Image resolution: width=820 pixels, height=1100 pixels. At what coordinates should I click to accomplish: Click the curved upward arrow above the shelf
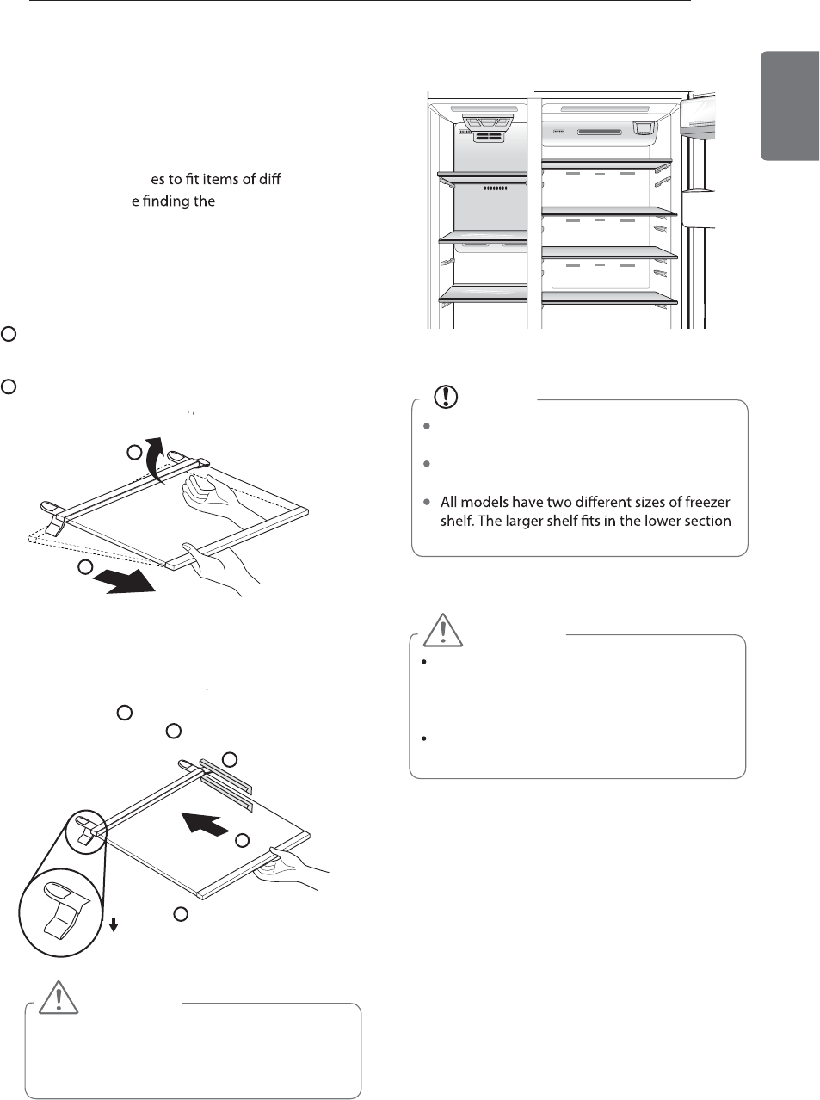[x=153, y=459]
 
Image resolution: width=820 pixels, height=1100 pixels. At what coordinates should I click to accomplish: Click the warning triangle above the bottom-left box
[x=57, y=997]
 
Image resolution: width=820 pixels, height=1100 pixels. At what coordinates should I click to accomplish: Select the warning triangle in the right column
[x=443, y=630]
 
